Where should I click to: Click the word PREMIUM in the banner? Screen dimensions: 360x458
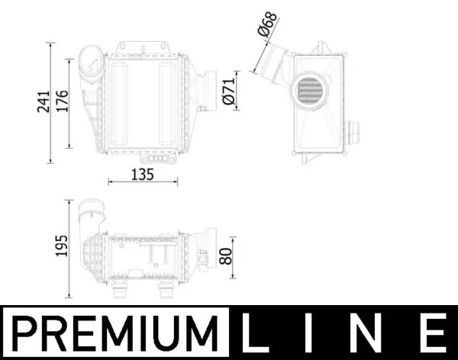coord(115,334)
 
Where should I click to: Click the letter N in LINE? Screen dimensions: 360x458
coord(374,334)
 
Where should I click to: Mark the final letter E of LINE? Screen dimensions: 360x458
coord(434,334)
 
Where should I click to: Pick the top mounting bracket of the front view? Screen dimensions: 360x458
coord(142,47)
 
